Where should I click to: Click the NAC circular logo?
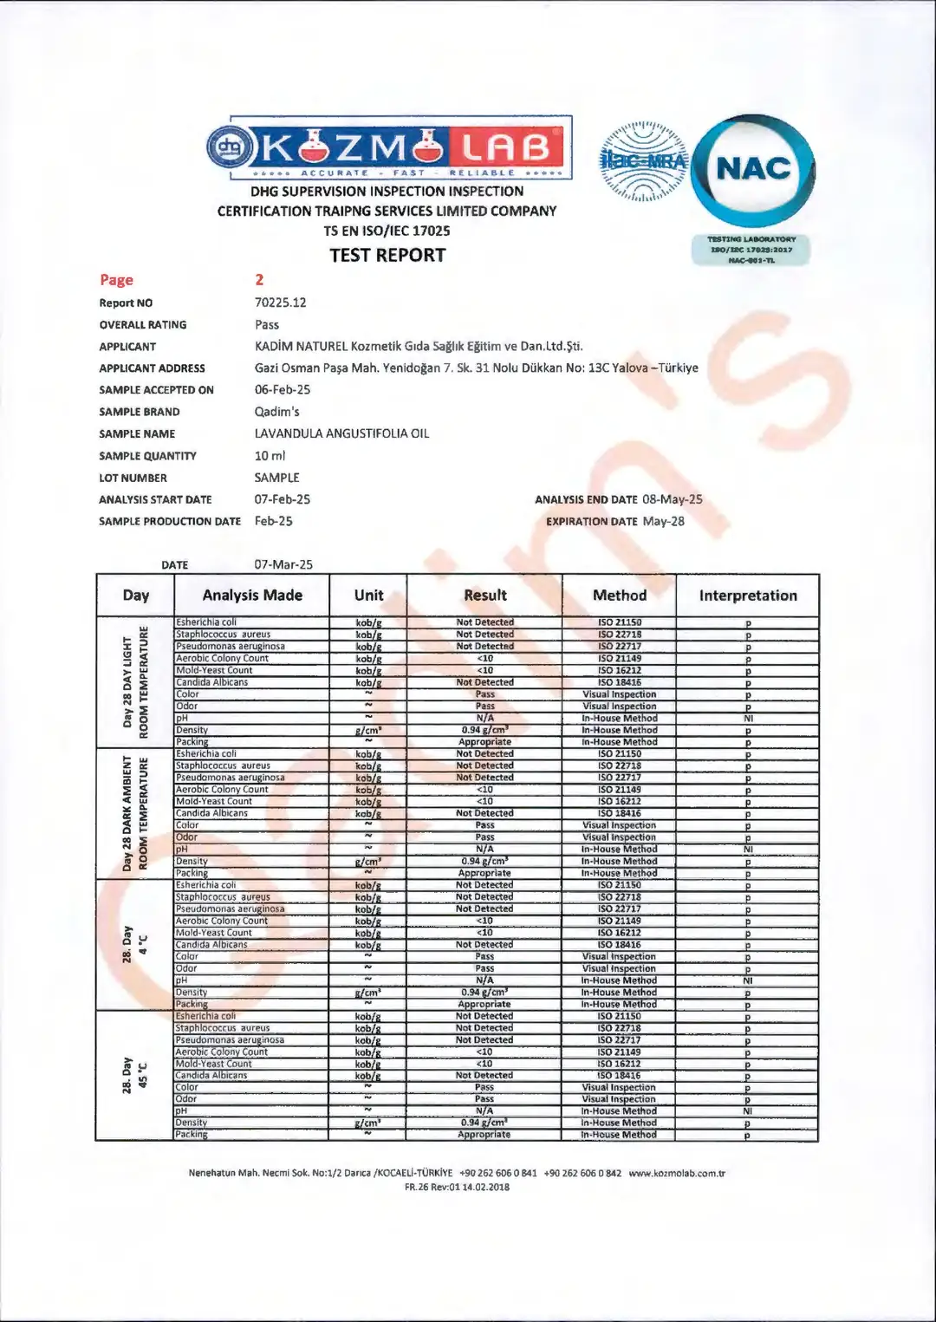[x=753, y=171]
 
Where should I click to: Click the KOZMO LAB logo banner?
[x=389, y=147]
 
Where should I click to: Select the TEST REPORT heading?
[x=387, y=255]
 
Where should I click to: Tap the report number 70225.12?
[x=280, y=303]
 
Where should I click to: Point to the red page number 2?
[x=259, y=279]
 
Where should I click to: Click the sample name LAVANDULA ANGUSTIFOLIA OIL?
[x=341, y=433]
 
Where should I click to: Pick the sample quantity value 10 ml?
[x=270, y=455]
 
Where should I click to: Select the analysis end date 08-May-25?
[x=672, y=499]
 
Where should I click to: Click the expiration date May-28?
[x=663, y=521]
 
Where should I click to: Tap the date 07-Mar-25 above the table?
[x=283, y=564]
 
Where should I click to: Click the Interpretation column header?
[x=747, y=596]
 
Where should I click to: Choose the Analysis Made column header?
[x=252, y=596]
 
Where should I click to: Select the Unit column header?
[x=368, y=596]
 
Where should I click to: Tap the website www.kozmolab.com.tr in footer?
[x=676, y=1174]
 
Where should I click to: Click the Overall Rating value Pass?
[x=267, y=324]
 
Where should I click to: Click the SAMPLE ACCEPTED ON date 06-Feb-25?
[x=283, y=389]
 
